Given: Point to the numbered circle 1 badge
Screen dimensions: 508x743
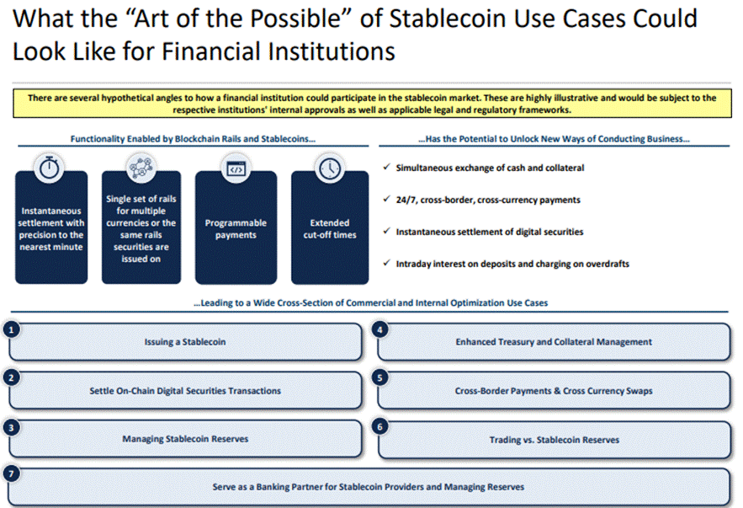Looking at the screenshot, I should (11, 330).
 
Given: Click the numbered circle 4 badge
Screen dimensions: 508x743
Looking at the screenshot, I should (381, 330).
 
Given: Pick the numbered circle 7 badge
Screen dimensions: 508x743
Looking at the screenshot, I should (11, 474).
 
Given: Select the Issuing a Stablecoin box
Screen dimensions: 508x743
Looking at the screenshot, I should (185, 342).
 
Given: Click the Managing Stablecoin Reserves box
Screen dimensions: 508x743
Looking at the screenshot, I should (185, 439).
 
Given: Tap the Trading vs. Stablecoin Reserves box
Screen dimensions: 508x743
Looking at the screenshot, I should (554, 440).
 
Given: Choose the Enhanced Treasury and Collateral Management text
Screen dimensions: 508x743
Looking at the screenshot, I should (554, 342).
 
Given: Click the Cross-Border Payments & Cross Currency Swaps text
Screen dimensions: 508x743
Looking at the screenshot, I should (554, 391).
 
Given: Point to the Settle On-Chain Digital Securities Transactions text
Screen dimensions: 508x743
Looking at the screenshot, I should (185, 391).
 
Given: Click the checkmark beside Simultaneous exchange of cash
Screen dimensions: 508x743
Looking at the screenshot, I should (386, 168).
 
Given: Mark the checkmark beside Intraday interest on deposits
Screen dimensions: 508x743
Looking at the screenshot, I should (386, 264).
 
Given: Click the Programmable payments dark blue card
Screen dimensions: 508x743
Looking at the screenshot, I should (236, 232).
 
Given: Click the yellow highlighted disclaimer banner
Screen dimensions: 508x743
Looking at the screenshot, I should (371, 104).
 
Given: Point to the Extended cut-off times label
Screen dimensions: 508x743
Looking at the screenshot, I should (330, 229).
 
